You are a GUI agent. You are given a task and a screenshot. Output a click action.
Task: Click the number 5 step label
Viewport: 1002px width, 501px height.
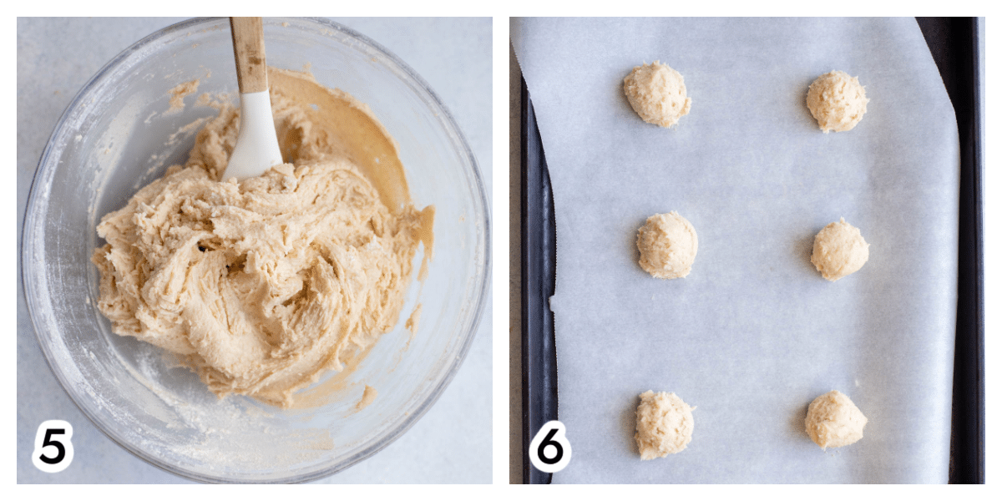tap(53, 448)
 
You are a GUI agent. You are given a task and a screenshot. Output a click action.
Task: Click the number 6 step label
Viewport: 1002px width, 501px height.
tap(549, 447)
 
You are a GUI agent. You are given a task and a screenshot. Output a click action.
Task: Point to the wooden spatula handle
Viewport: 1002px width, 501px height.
tap(248, 53)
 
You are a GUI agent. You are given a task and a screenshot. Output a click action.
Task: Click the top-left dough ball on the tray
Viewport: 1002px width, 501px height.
tap(657, 94)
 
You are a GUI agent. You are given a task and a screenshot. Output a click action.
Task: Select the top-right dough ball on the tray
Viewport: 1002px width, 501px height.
tap(838, 101)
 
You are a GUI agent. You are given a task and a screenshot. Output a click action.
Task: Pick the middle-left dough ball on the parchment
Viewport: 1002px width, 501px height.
tap(667, 245)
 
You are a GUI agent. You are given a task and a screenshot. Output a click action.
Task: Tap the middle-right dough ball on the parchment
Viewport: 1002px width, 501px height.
tap(840, 250)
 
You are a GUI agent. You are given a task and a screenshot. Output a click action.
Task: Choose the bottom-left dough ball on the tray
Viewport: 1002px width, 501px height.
tap(664, 424)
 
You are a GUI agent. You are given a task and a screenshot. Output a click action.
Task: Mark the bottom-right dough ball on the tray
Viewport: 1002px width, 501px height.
tap(836, 419)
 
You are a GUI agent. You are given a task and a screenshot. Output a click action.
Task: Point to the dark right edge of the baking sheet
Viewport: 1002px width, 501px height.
tap(969, 250)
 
